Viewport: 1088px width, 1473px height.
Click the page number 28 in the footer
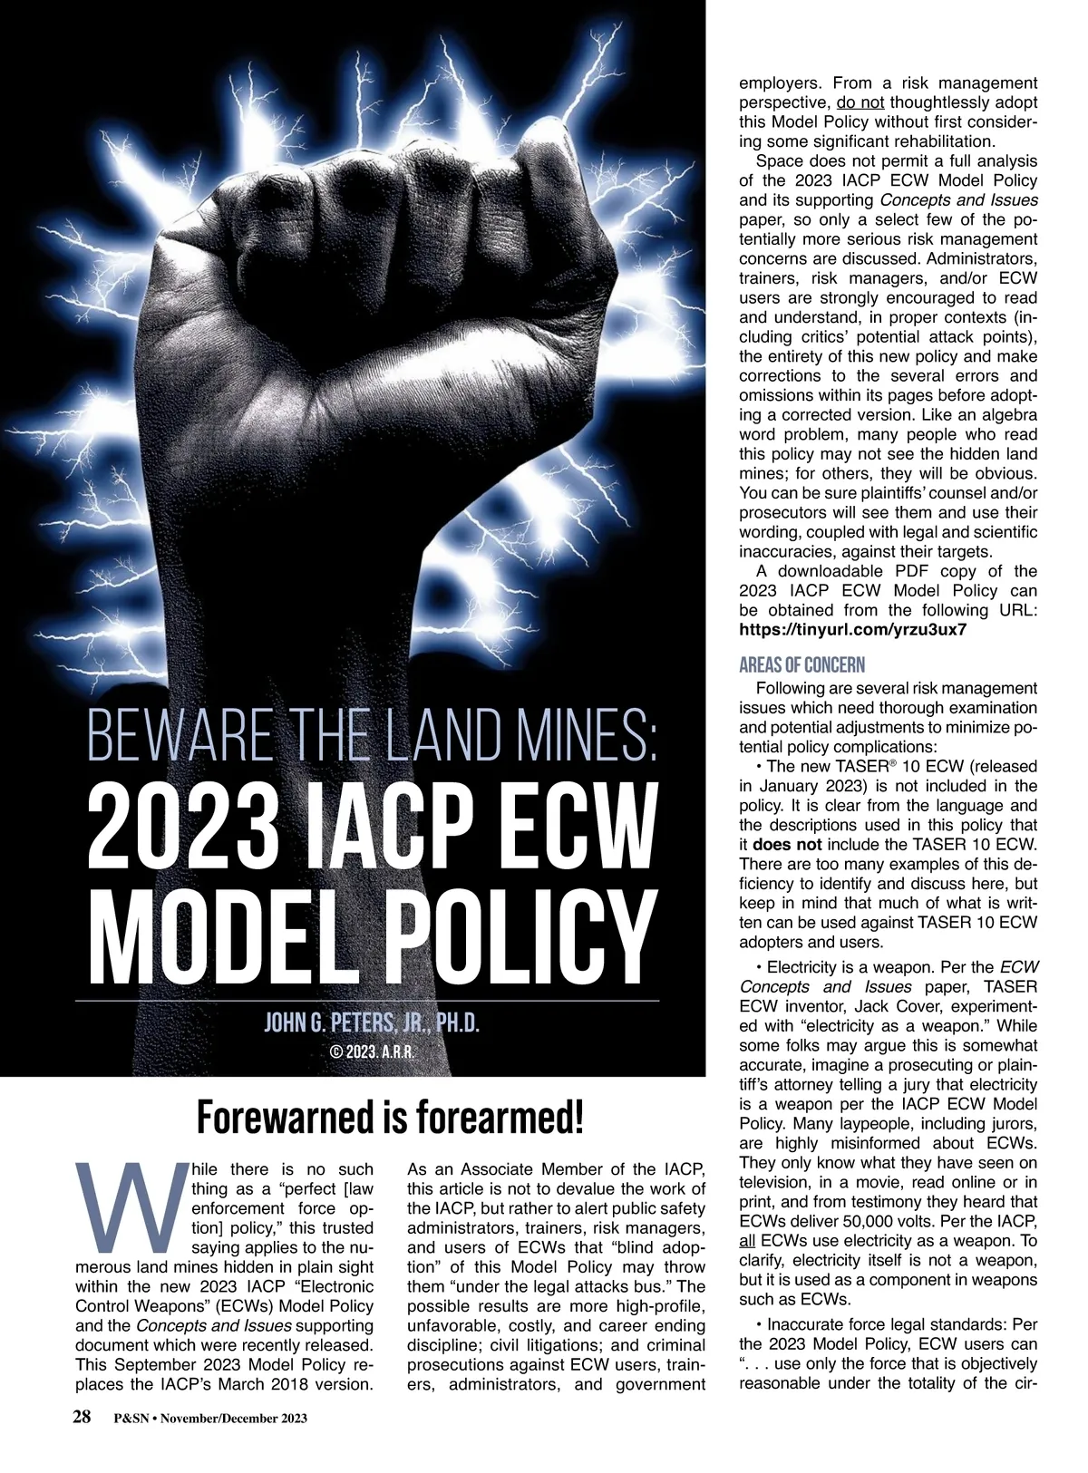click(x=82, y=1418)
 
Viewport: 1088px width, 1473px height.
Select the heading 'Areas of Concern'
click(x=801, y=664)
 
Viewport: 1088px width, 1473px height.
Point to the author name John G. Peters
click(x=371, y=1024)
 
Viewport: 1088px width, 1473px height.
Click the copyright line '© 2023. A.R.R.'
click(x=371, y=1052)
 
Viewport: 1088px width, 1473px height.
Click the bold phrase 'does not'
click(x=785, y=845)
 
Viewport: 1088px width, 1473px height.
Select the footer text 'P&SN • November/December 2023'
click(x=210, y=1419)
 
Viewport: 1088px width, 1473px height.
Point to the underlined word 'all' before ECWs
click(x=748, y=1241)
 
